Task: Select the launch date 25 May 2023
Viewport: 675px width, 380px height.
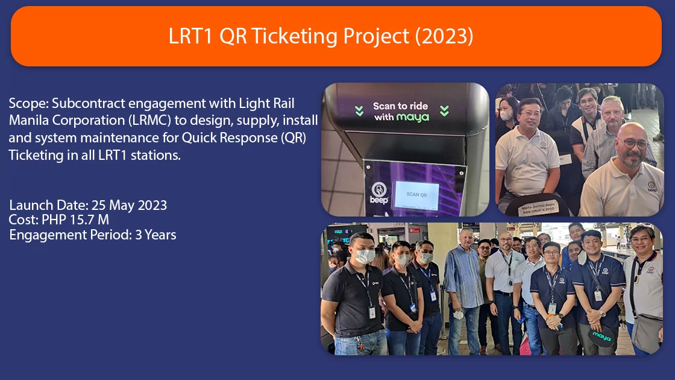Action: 129,205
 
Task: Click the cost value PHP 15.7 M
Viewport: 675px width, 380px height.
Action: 75,220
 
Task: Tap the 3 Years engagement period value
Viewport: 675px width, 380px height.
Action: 155,235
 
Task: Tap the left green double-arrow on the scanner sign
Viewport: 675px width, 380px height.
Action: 359,111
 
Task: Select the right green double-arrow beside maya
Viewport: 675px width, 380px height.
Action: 444,111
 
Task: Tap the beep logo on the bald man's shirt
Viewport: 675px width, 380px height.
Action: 651,188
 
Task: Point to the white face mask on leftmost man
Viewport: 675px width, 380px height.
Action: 365,256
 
